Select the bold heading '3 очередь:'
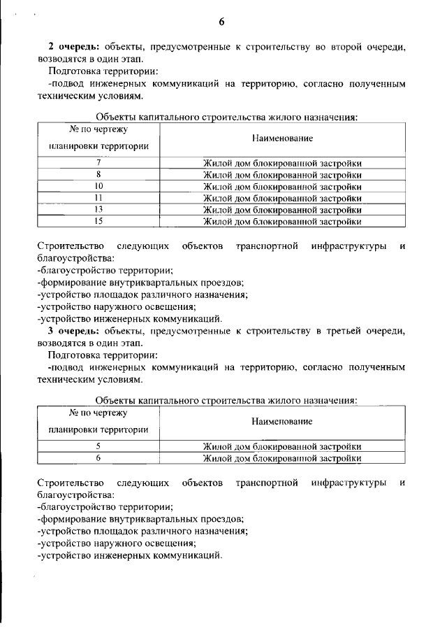[70, 330]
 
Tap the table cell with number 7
[98, 164]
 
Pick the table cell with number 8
[98, 175]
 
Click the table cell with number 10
[98, 187]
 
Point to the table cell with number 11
[98, 199]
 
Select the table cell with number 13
[98, 210]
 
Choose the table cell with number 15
[98, 222]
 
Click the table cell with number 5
[98, 446]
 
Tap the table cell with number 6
[98, 458]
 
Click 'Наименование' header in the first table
[282, 138]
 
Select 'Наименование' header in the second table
[282, 421]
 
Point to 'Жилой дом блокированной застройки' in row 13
[282, 210]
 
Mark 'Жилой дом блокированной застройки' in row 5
[282, 446]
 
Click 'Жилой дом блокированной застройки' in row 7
[282, 164]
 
